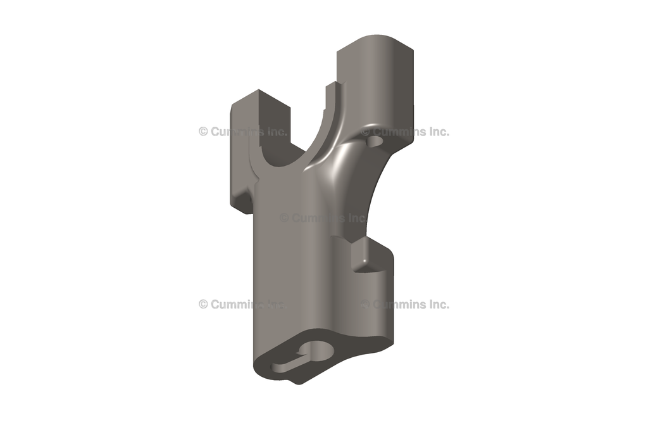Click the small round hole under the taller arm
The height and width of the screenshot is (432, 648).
pos(377,137)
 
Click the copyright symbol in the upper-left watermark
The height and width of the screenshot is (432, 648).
pos(203,132)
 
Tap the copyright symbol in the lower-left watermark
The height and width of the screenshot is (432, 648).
pos(203,304)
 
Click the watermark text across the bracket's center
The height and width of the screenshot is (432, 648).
pos(323,217)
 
